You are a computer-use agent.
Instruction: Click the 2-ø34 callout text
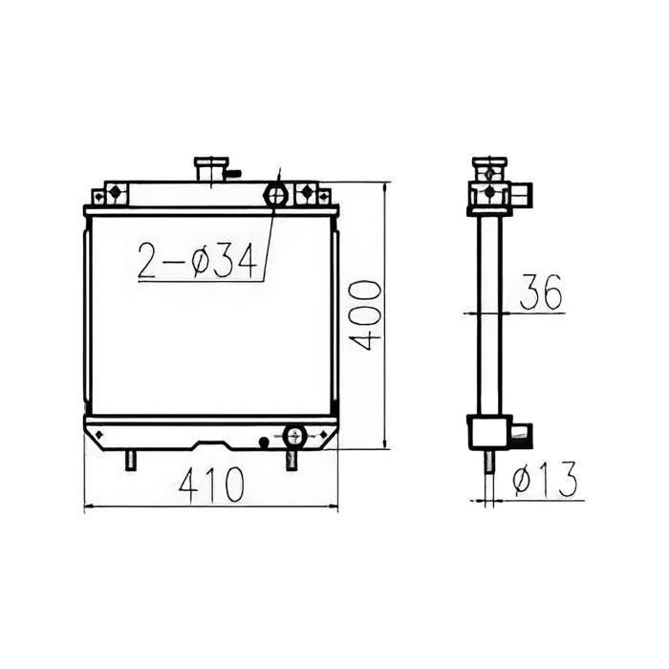point(198,261)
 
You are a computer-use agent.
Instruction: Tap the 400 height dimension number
point(366,315)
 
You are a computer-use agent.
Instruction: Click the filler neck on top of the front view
point(207,170)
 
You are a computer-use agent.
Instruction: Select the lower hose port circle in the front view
point(293,436)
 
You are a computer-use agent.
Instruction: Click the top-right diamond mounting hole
point(307,193)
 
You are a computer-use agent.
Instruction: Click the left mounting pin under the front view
point(129,460)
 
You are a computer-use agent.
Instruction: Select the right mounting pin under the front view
point(291,460)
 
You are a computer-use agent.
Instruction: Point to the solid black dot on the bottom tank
point(265,441)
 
